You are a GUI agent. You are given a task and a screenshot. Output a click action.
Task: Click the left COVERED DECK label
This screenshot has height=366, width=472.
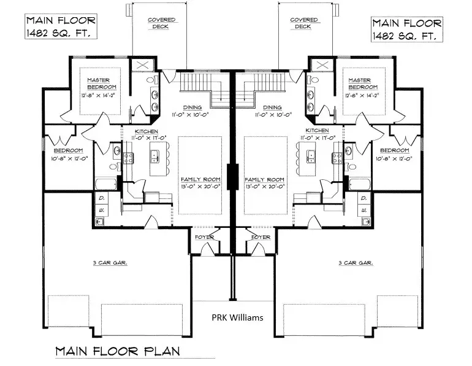tap(162, 23)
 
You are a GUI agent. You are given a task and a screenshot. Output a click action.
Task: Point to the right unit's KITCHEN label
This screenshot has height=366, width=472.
tap(317, 131)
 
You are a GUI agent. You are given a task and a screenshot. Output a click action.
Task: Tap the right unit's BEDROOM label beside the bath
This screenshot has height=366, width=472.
tap(394, 150)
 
